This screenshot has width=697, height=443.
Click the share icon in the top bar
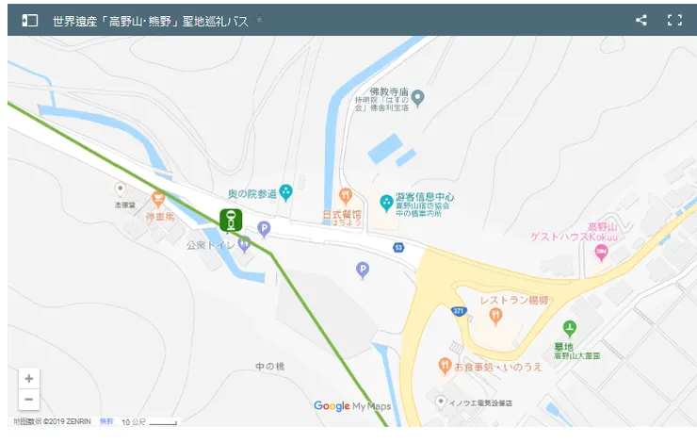tap(641, 20)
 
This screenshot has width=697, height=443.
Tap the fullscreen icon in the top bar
tap(674, 20)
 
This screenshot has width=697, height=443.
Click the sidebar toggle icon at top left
tap(30, 20)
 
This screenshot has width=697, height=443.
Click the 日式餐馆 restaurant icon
tap(346, 195)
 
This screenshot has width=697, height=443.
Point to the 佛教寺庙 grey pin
tap(418, 97)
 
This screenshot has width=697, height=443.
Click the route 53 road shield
tap(398, 247)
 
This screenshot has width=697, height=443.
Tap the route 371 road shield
tap(459, 310)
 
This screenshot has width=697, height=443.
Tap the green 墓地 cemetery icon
tap(569, 328)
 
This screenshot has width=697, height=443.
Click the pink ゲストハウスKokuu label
tap(563, 238)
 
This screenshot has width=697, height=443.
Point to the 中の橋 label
tap(269, 366)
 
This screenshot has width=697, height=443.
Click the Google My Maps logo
tap(351, 406)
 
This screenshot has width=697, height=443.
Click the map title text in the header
tap(151, 20)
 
